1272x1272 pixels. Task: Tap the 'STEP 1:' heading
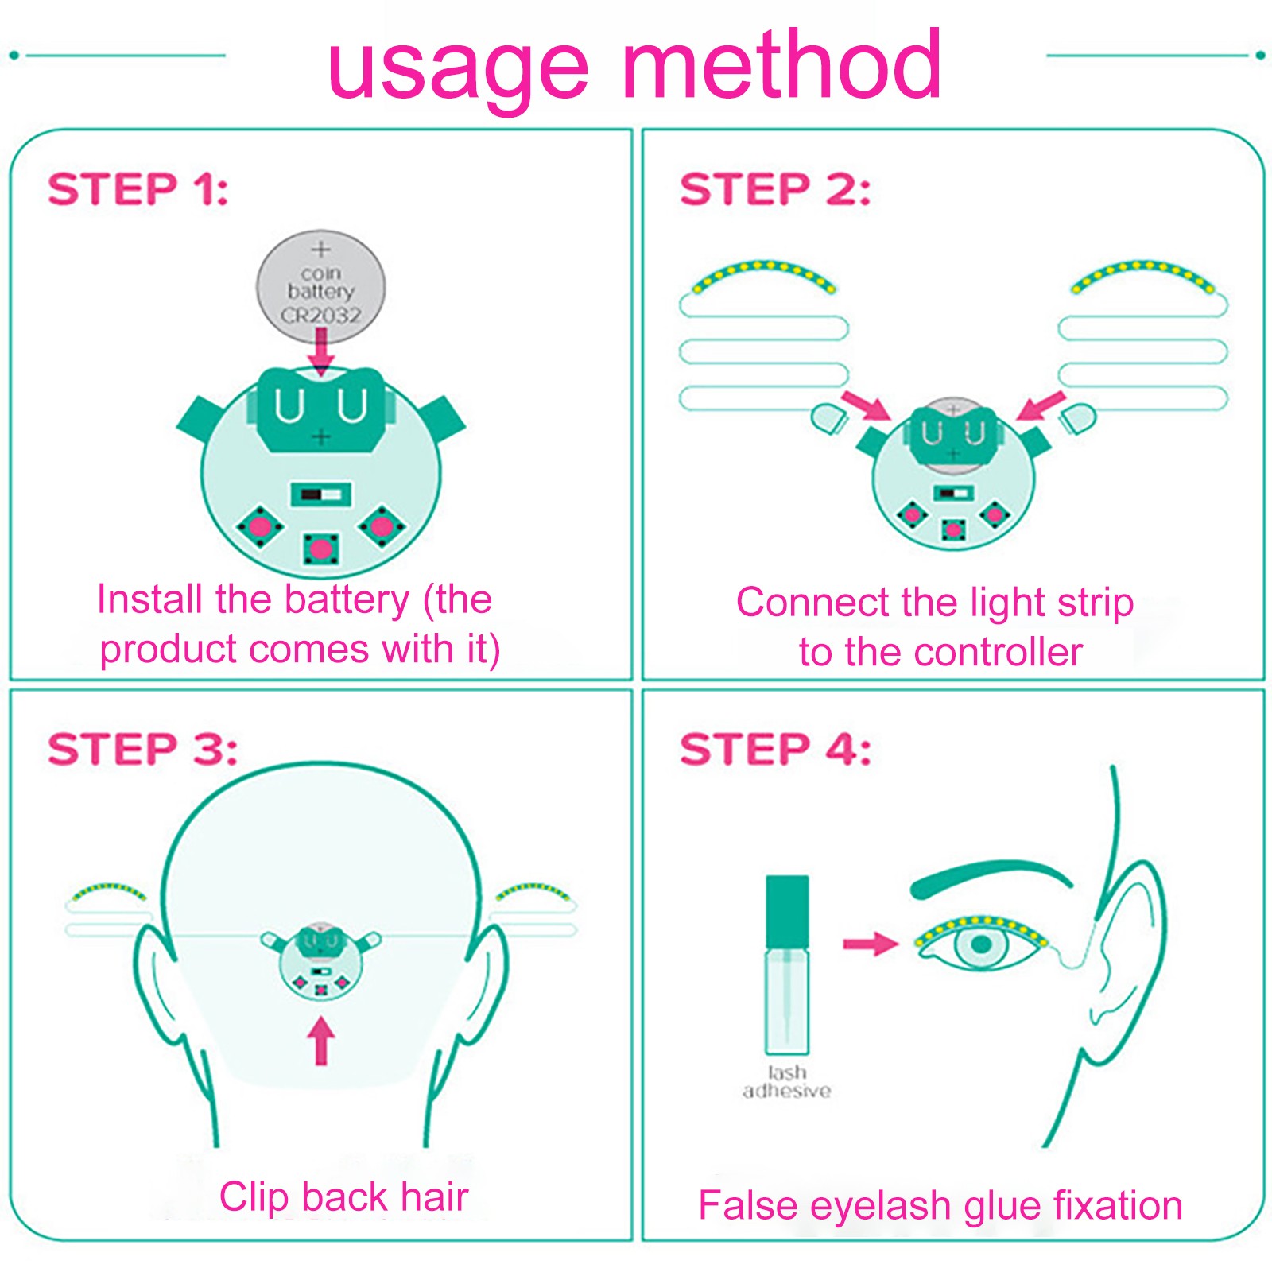[138, 189]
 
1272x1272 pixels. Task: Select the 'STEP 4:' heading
[775, 749]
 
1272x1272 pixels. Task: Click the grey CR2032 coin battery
[320, 285]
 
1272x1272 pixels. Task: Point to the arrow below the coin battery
[321, 350]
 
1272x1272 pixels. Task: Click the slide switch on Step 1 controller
[320, 494]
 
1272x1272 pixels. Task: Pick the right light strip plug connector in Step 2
[1078, 417]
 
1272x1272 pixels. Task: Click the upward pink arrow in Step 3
[320, 1041]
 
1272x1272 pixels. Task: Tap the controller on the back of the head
[320, 962]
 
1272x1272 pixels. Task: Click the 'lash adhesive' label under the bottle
[787, 1082]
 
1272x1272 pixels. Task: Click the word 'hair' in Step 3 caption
[434, 1196]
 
